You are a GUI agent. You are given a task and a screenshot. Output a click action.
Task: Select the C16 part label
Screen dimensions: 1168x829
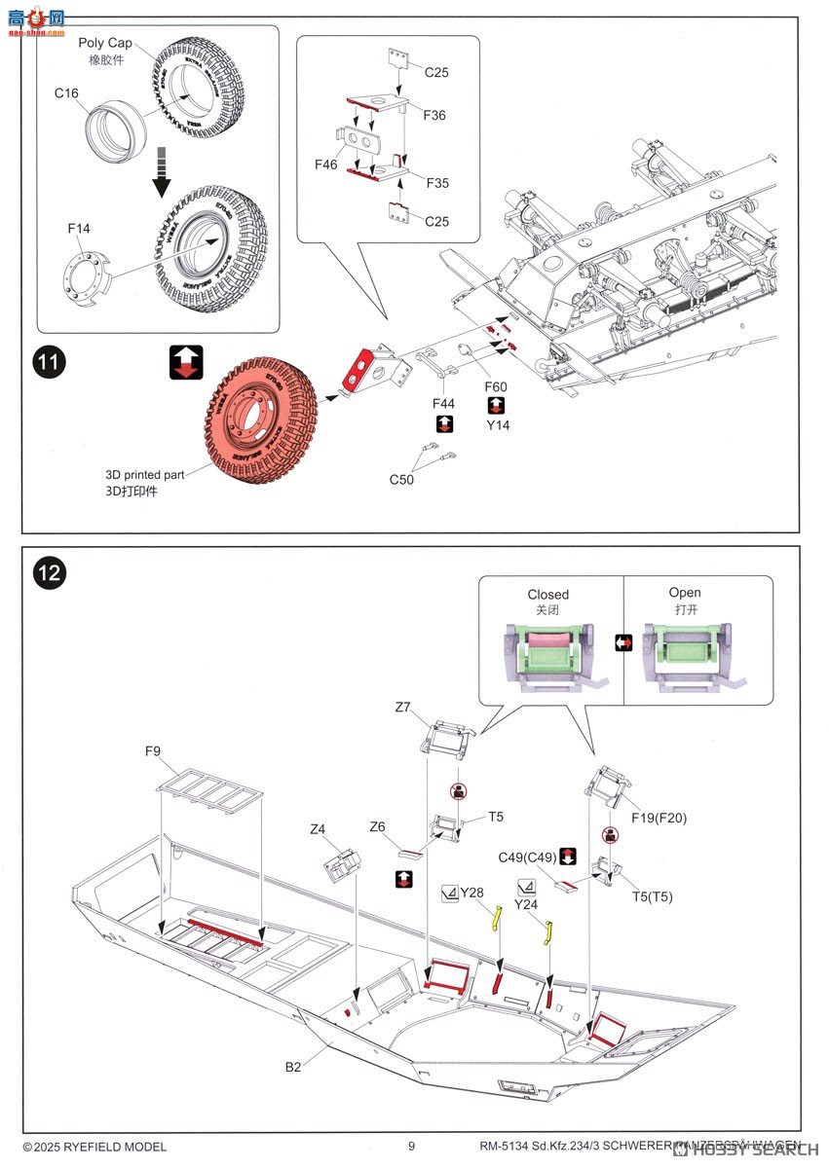(x=66, y=92)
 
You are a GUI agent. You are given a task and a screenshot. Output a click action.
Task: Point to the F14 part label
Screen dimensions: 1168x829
(x=79, y=229)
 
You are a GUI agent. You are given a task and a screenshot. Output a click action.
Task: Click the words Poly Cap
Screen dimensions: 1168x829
(x=105, y=44)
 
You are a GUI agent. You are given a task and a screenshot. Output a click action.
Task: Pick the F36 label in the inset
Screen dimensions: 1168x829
(x=434, y=115)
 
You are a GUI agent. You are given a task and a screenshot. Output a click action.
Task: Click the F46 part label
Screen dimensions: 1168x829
(x=326, y=164)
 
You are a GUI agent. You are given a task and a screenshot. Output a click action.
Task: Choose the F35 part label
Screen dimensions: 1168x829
(x=435, y=183)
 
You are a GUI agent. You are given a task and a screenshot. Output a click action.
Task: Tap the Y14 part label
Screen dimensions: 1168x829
(x=499, y=424)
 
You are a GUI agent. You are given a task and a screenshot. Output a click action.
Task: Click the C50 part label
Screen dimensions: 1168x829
(x=401, y=479)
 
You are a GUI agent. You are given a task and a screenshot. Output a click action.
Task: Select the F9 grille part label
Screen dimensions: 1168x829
(x=153, y=750)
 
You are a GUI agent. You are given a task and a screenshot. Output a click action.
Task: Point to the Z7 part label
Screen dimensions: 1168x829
(x=403, y=708)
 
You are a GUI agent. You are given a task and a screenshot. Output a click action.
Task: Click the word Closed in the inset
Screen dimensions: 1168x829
(x=548, y=594)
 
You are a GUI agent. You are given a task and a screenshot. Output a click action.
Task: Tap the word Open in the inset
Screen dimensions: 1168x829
(x=685, y=592)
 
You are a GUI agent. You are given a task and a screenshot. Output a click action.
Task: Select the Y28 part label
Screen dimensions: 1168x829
(x=471, y=892)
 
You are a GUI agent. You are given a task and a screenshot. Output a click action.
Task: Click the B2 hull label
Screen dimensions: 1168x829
(x=293, y=1067)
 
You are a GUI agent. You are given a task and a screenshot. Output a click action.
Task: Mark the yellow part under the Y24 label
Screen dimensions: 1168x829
(x=548, y=932)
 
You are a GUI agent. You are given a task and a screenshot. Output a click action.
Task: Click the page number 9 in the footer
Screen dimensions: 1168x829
(x=412, y=1147)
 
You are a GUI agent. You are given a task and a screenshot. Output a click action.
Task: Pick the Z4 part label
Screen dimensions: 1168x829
(x=318, y=829)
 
